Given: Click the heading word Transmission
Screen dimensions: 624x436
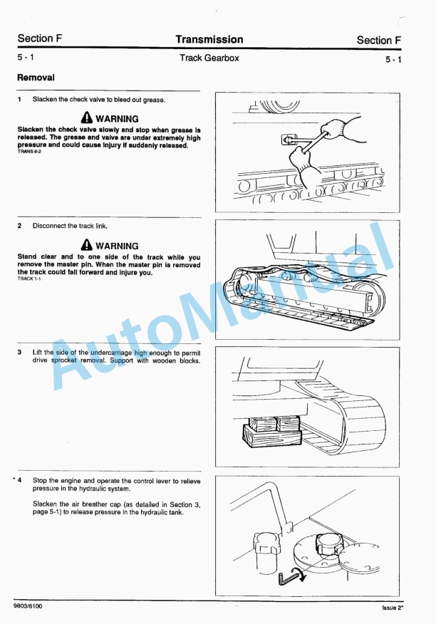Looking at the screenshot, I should point(209,40).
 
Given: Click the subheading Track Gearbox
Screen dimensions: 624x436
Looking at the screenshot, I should point(209,58).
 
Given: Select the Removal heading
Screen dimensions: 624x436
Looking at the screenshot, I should point(36,77).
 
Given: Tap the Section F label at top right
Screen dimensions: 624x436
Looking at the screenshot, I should point(379,41).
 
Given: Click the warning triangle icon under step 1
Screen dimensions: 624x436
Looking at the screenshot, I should point(86,118).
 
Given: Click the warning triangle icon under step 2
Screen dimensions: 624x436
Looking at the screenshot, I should point(86,245).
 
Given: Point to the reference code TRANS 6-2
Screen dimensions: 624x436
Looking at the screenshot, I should point(29,152).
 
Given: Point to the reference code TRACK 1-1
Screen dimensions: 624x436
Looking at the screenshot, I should point(29,279).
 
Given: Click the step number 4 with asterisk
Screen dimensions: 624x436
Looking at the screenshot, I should point(18,481).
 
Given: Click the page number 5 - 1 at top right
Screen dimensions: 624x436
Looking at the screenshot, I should point(393,60).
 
